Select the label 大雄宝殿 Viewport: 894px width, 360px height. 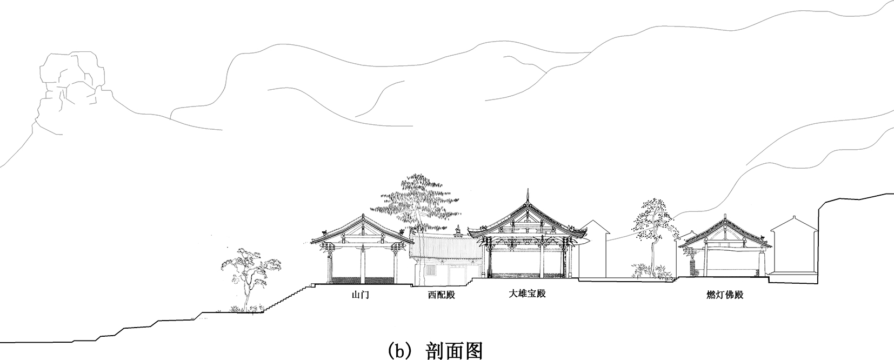(527, 294)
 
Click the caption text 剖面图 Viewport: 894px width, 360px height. (453, 350)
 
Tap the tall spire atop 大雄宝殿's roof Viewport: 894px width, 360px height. (526, 197)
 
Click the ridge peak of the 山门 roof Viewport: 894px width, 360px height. (362, 216)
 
